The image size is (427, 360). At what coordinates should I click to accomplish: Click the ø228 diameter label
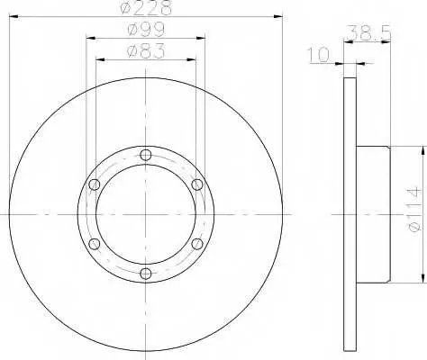pyautogui.click(x=146, y=7)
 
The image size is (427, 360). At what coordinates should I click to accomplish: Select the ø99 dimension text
pyautogui.click(x=146, y=30)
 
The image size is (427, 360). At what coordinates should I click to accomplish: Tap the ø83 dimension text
pyautogui.click(x=146, y=50)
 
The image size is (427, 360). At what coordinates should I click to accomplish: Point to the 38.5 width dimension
pyautogui.click(x=369, y=32)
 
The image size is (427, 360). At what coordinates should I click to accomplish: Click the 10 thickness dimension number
pyautogui.click(x=318, y=55)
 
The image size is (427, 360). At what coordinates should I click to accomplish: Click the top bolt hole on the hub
pyautogui.click(x=146, y=155)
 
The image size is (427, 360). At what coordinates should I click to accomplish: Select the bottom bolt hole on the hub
pyautogui.click(x=146, y=273)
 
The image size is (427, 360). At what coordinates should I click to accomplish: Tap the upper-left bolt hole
pyautogui.click(x=95, y=184)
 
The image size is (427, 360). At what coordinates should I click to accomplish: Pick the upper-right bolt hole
pyautogui.click(x=197, y=184)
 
